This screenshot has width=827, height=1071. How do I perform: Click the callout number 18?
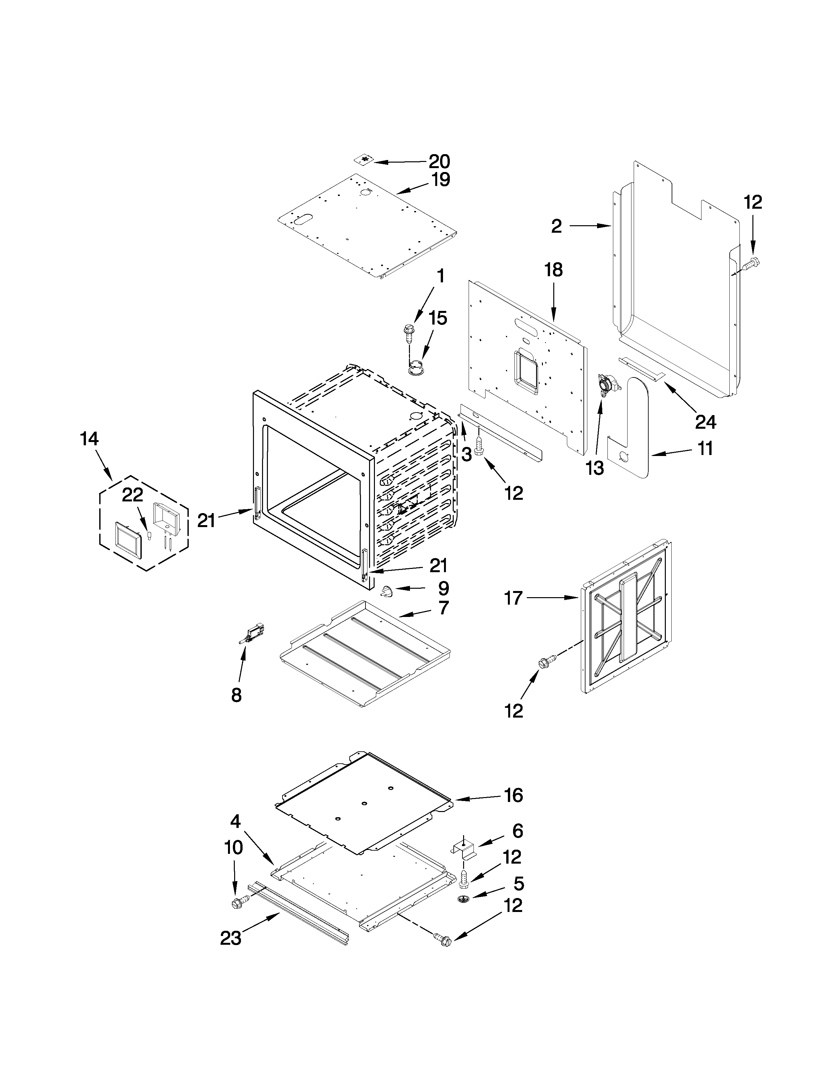coord(554,270)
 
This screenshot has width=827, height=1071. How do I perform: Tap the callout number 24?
coord(705,422)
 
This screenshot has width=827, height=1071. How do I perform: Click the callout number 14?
coord(89,438)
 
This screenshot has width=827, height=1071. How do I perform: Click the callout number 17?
coord(513,598)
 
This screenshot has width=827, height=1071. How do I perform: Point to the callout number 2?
coord(556,226)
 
